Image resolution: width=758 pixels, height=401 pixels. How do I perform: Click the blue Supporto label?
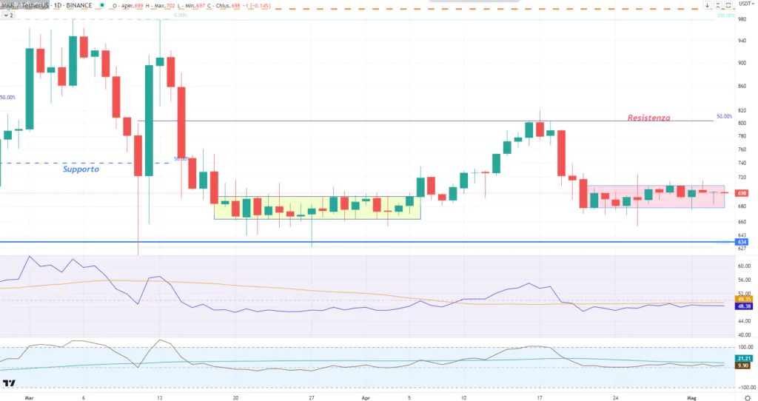pyautogui.click(x=80, y=169)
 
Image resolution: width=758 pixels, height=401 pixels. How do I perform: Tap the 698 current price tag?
pyautogui.click(x=742, y=193)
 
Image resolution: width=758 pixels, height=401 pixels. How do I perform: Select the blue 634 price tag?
pyautogui.click(x=742, y=242)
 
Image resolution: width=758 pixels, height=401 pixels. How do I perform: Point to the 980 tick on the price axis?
pyautogui.click(x=742, y=20)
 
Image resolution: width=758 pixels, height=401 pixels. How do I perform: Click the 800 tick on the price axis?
pyautogui.click(x=742, y=123)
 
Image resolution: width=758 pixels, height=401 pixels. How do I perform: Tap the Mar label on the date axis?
pyautogui.click(x=30, y=397)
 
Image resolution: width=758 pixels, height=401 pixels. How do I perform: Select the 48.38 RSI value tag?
pyautogui.click(x=743, y=306)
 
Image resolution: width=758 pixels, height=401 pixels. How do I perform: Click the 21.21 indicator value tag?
pyautogui.click(x=743, y=357)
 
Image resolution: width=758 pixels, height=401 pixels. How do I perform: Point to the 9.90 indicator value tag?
pyautogui.click(x=743, y=365)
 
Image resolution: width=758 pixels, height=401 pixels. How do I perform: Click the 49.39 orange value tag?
pyautogui.click(x=743, y=298)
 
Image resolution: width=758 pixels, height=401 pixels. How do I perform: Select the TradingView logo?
pyautogui.click(x=10, y=383)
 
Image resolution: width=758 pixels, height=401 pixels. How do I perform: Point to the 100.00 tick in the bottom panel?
pyautogui.click(x=744, y=346)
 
